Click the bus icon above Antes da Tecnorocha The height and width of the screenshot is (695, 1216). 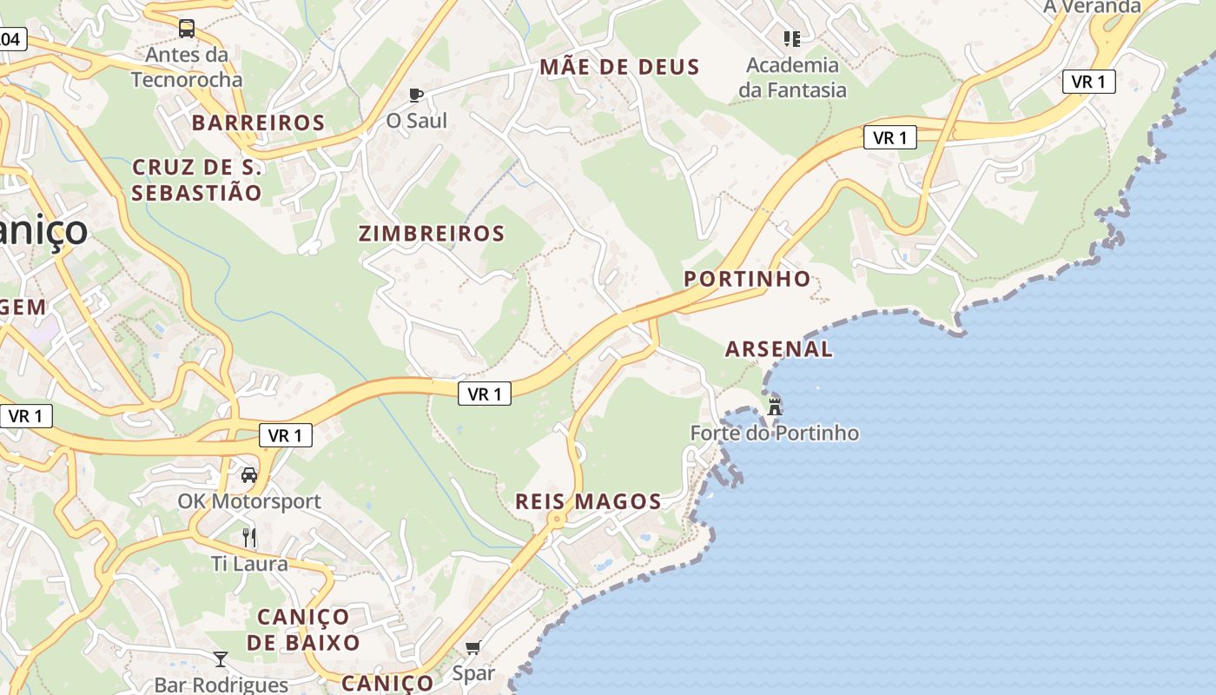pyautogui.click(x=187, y=29)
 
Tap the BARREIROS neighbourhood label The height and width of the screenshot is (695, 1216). pyautogui.click(x=258, y=122)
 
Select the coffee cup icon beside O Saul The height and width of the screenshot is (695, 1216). pyautogui.click(x=416, y=95)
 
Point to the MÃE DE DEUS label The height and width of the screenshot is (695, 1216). pyautogui.click(x=619, y=67)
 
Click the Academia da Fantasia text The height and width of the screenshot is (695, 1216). pyautogui.click(x=792, y=77)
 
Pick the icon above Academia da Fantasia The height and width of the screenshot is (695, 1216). pyautogui.click(x=791, y=38)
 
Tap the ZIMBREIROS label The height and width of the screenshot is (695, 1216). pyautogui.click(x=431, y=233)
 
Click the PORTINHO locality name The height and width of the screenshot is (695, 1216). pyautogui.click(x=747, y=279)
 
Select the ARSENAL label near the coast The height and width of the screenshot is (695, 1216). pyautogui.click(x=778, y=349)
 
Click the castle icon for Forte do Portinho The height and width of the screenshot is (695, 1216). pyautogui.click(x=775, y=406)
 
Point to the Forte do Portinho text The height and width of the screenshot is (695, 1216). pyautogui.click(x=774, y=433)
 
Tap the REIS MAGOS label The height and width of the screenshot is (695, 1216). pyautogui.click(x=588, y=501)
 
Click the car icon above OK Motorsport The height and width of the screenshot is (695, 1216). pyautogui.click(x=249, y=475)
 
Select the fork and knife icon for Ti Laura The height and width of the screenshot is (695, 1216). pyautogui.click(x=249, y=537)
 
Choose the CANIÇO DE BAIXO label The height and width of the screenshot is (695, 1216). pyautogui.click(x=303, y=630)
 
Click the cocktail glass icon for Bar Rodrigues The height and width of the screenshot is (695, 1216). pyautogui.click(x=221, y=659)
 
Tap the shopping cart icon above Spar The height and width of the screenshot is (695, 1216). pyautogui.click(x=473, y=647)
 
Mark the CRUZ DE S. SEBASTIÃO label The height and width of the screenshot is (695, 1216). pyautogui.click(x=196, y=180)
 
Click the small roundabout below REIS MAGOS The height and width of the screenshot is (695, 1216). pyautogui.click(x=556, y=520)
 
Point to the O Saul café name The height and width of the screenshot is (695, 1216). pyautogui.click(x=416, y=121)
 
